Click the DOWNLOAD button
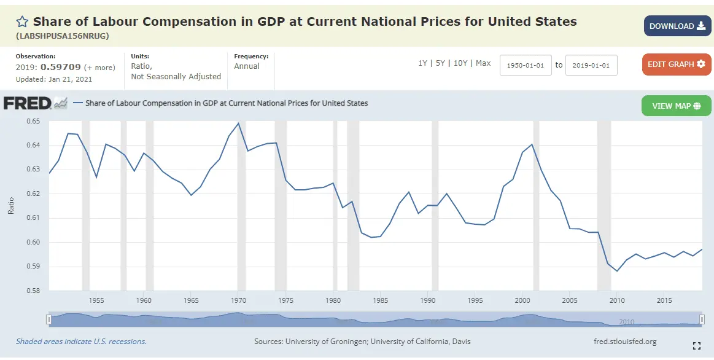click(677, 26)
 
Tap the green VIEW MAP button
click(676, 106)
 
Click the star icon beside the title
click(22, 22)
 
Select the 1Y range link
click(422, 63)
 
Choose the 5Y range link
click(440, 63)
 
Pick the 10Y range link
click(460, 63)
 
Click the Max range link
click(483, 63)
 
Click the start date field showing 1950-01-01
click(526, 65)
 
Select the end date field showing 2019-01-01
click(591, 65)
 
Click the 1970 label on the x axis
click(238, 300)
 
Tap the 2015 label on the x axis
click(664, 300)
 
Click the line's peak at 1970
click(238, 123)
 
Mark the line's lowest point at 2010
click(617, 271)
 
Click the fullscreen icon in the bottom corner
click(696, 345)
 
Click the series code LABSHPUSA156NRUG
click(63, 36)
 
